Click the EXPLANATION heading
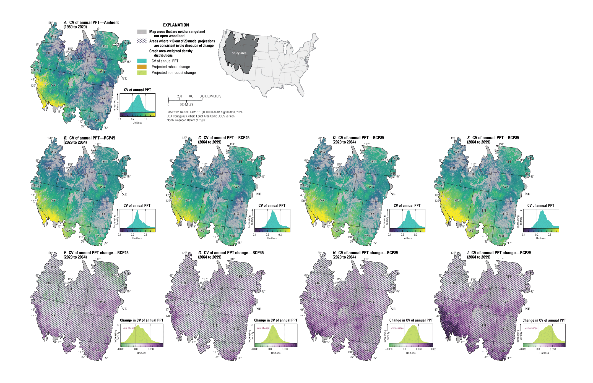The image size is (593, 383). tap(176, 25)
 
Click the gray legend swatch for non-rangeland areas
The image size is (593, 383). tap(142, 32)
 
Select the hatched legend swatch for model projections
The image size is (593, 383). tap(142, 41)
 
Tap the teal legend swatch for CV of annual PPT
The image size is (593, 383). tap(142, 61)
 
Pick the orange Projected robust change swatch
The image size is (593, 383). tap(142, 67)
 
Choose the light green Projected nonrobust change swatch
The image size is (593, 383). tap(142, 72)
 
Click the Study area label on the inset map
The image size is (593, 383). tap(239, 53)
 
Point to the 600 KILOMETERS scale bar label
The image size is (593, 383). tap(210, 96)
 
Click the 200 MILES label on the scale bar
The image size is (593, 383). tap(186, 104)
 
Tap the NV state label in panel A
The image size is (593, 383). tap(53, 85)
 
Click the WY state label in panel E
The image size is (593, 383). tap(506, 187)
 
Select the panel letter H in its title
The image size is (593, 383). tap(334, 253)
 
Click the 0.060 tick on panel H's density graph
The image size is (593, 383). tap(433, 349)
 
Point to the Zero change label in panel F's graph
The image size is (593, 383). tap(129, 328)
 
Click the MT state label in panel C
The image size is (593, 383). tap(240, 162)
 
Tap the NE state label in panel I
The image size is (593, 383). tap(527, 309)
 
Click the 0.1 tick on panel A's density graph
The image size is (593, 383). tap(119, 119)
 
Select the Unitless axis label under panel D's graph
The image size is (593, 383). tap(407, 238)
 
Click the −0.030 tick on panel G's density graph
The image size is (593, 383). tap(254, 349)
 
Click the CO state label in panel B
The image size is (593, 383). tap(102, 214)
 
